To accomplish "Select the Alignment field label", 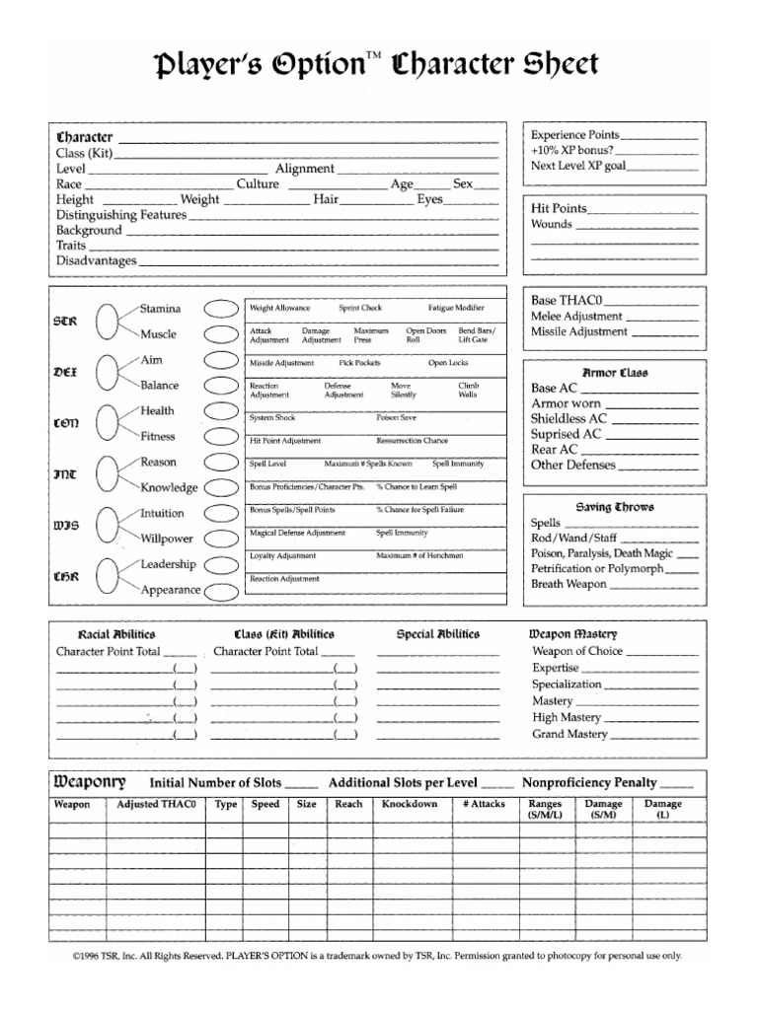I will [x=304, y=169].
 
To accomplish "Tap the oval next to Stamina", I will [x=220, y=309].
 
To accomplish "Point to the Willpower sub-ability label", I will [x=167, y=540].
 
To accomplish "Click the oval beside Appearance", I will [x=220, y=591].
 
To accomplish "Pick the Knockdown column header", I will [x=410, y=804].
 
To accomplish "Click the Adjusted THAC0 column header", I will [x=156, y=804].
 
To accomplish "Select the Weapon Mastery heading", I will [x=573, y=634].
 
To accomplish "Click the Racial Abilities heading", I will [x=116, y=634].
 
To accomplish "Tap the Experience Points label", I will [x=575, y=135].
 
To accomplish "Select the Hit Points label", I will [x=559, y=209].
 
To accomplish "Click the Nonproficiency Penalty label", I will [x=589, y=782].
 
